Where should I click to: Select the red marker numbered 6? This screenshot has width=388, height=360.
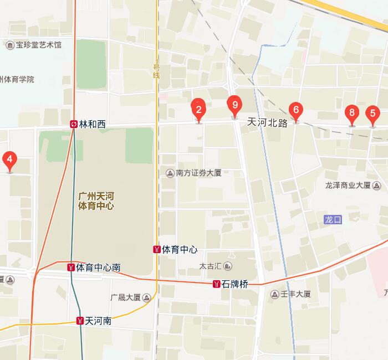296,110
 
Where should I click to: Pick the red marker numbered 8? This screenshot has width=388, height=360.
351,112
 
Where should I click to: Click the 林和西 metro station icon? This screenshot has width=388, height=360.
74,124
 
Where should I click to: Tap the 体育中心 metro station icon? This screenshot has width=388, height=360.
157,250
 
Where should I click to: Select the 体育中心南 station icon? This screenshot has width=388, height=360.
70,268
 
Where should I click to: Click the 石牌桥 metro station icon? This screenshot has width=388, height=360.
216,285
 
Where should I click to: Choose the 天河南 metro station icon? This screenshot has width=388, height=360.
80,321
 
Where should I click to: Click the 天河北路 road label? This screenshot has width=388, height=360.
267,123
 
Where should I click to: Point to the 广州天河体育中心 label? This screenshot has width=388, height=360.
96,200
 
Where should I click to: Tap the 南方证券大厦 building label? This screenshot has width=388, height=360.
198,173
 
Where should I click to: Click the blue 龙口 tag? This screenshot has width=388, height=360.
334,220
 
